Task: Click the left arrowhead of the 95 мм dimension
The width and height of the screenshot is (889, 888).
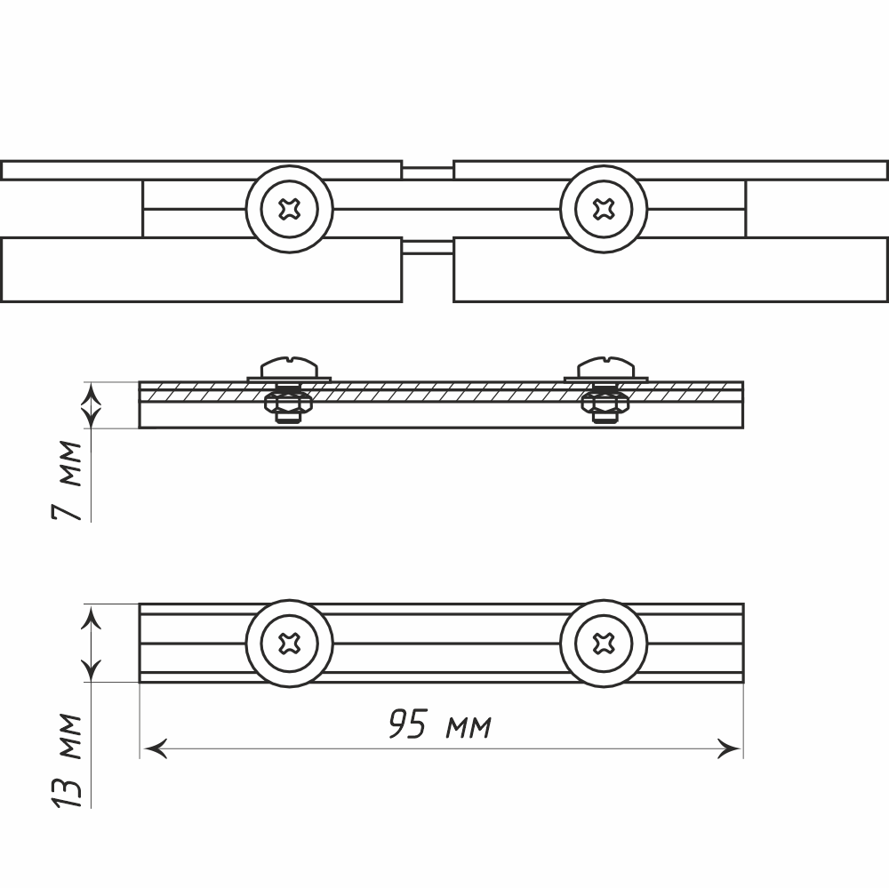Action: (153, 749)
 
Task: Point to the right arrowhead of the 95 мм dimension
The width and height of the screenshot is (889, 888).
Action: (731, 749)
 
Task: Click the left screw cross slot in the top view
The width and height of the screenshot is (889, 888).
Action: (289, 209)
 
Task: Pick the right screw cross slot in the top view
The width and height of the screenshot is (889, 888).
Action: (604, 209)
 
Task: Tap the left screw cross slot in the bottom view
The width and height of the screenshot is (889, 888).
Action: (289, 643)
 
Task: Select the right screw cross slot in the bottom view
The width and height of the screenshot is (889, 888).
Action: (604, 643)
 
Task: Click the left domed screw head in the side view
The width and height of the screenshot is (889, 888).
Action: (289, 366)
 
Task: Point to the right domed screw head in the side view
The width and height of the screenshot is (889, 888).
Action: (605, 366)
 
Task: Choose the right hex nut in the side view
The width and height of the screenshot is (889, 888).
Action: (605, 405)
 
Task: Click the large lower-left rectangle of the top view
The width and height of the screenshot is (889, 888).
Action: (201, 269)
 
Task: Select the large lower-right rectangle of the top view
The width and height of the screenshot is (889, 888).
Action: (670, 269)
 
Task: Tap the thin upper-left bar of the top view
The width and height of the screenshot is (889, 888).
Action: (201, 170)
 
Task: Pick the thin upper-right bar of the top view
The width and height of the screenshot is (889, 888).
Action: (670, 170)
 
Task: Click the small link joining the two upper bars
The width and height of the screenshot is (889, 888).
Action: (428, 168)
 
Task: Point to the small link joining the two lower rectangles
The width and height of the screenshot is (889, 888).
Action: (428, 248)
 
